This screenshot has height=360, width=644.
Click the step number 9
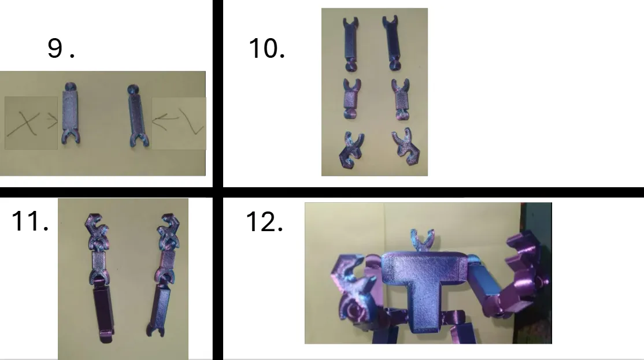[61, 49]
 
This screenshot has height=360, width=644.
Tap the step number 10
[267, 49]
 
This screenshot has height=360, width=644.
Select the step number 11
[30, 221]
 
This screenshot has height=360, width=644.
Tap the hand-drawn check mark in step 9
[191, 121]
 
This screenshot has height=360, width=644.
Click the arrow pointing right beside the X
[52, 121]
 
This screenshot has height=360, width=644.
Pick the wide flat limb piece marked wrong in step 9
[71, 113]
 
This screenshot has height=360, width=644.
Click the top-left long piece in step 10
[350, 44]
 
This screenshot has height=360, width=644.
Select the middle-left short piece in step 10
[352, 99]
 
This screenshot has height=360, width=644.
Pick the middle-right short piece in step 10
[401, 99]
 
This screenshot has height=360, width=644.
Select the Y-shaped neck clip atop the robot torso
[422, 242]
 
